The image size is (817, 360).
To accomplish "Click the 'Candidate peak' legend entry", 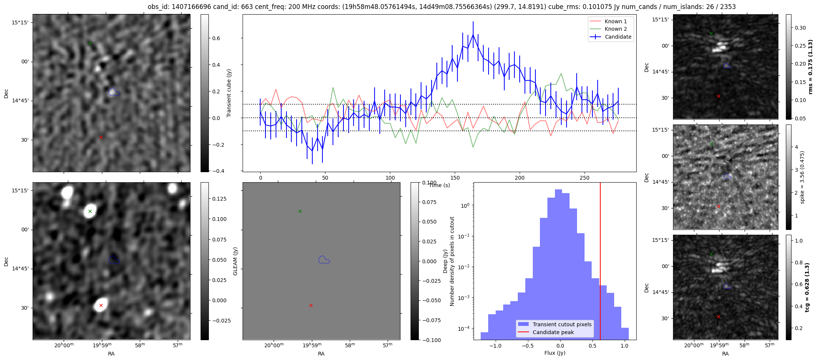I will (553, 332).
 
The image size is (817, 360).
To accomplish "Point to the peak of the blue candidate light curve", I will (473, 34).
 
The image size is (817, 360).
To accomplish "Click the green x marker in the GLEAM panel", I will (300, 211).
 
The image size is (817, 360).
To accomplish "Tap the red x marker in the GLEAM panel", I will (311, 306).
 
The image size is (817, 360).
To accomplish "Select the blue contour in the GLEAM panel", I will (324, 260).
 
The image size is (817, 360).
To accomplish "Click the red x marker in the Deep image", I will (101, 306).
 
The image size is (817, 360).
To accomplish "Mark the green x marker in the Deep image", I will (90, 211).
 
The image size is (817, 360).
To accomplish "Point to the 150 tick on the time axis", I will (455, 178).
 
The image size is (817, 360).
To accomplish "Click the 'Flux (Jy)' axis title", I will (555, 353).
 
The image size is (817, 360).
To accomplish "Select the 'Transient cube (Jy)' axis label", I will (229, 93).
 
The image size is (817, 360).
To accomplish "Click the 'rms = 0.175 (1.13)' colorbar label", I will (810, 67).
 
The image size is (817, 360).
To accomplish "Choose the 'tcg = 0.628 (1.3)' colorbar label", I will (810, 287).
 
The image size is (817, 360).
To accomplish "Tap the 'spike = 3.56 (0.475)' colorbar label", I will (802, 177).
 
